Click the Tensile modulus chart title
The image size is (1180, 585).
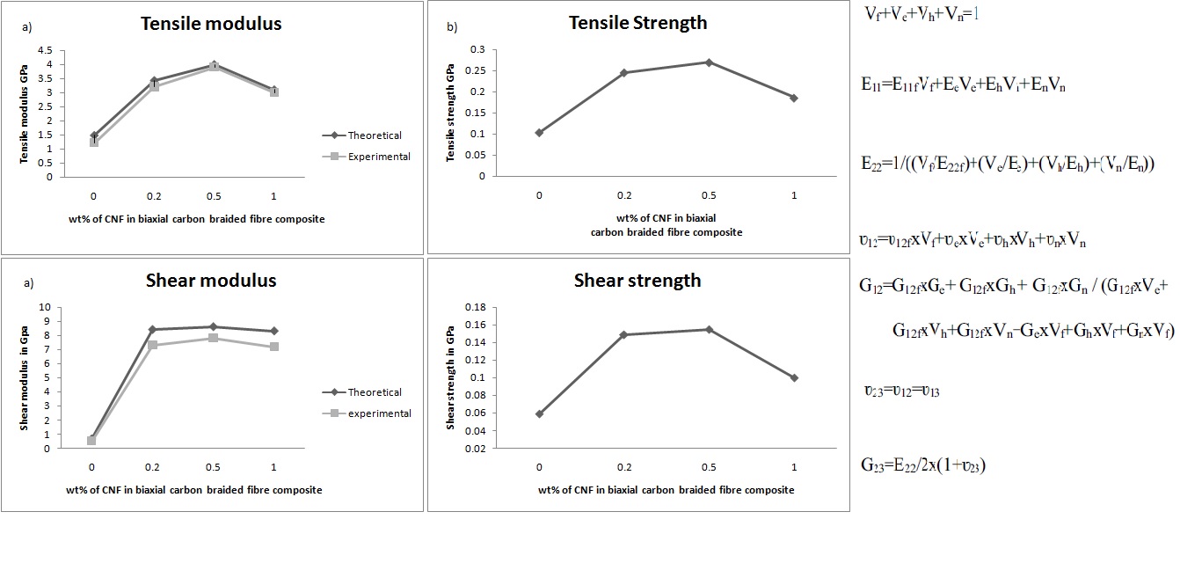(211, 24)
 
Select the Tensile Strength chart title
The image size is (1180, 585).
(637, 23)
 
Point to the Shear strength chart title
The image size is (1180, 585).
(637, 281)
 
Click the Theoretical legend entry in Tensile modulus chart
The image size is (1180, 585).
(375, 135)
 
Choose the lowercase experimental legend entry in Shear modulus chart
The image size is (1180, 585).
(379, 413)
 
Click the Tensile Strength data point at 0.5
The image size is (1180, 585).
(709, 62)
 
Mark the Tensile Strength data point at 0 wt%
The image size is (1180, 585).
(539, 133)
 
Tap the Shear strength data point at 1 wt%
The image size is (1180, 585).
(794, 377)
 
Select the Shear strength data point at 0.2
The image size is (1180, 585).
(623, 334)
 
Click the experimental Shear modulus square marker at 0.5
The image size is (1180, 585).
(213, 338)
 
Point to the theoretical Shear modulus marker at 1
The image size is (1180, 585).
(274, 331)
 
